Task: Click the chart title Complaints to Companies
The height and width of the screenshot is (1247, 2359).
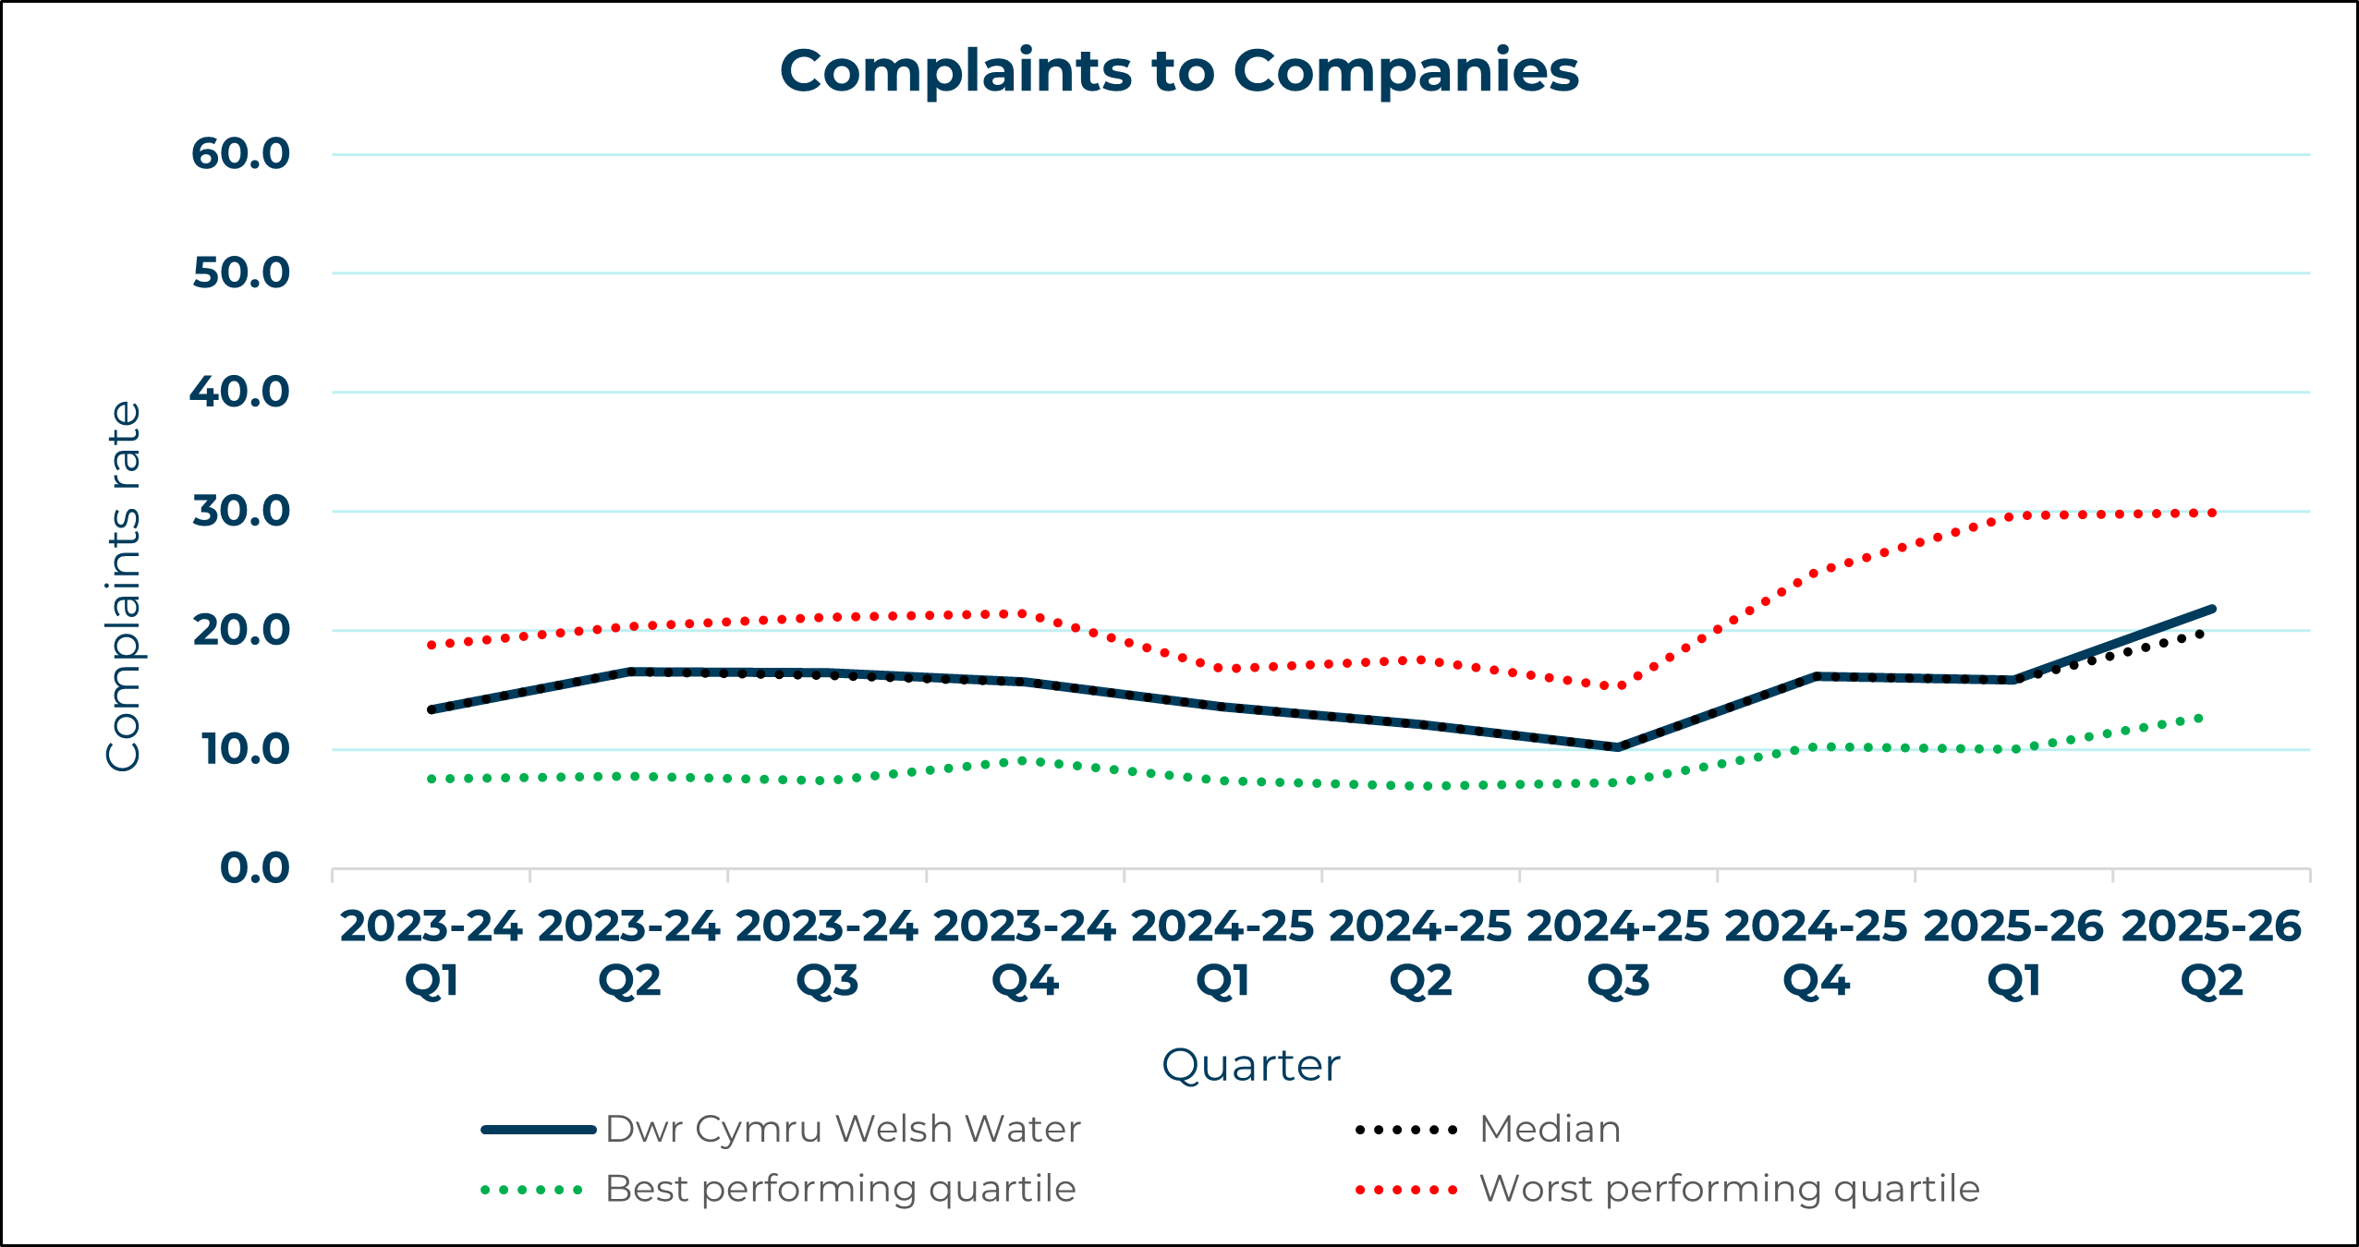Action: point(1179,71)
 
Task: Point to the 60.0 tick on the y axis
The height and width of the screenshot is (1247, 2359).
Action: point(240,153)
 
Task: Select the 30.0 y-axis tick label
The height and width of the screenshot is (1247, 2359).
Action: point(240,511)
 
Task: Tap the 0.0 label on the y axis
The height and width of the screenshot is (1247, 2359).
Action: point(254,868)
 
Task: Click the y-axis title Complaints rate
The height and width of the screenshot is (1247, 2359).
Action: point(124,586)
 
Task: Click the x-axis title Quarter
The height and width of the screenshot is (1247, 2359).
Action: point(1250,1065)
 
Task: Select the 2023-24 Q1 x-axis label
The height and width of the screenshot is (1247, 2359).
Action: point(432,952)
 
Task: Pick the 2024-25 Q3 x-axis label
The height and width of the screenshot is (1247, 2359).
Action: point(1618,952)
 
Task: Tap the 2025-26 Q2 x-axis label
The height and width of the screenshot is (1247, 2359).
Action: point(2211,952)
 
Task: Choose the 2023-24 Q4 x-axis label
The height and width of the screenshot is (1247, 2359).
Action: point(1025,952)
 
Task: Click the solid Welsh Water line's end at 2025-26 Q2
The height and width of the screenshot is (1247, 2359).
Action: point(2212,609)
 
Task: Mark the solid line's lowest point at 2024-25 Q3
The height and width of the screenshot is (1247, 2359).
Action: point(1618,747)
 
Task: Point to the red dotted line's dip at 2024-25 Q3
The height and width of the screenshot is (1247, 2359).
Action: point(1618,686)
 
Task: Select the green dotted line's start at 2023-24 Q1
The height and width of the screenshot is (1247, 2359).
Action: point(432,779)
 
